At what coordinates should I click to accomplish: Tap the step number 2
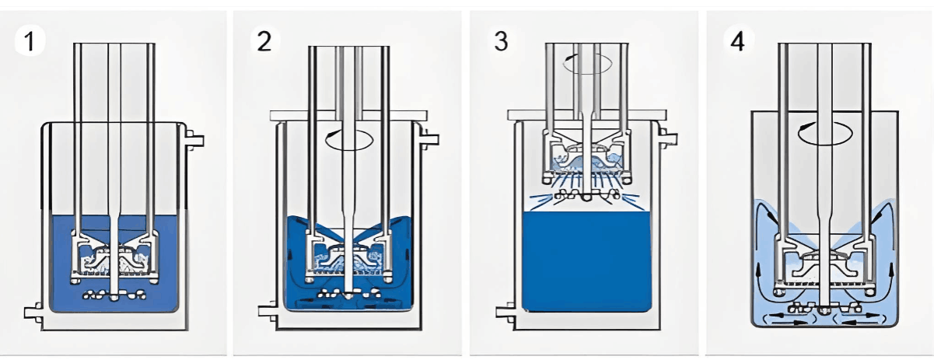[x=264, y=40]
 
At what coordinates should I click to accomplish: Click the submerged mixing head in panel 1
[x=116, y=253]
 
